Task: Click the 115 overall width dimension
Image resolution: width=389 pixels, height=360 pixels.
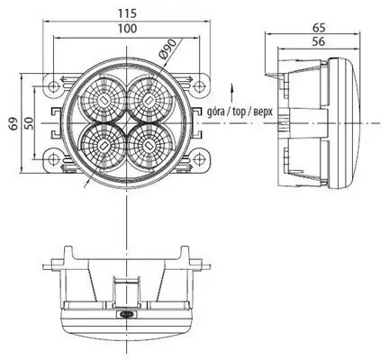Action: pyautogui.click(x=125, y=13)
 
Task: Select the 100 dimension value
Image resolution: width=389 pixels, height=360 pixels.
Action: pyautogui.click(x=127, y=30)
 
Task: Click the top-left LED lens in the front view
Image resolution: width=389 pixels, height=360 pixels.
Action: pyautogui.click(x=104, y=95)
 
